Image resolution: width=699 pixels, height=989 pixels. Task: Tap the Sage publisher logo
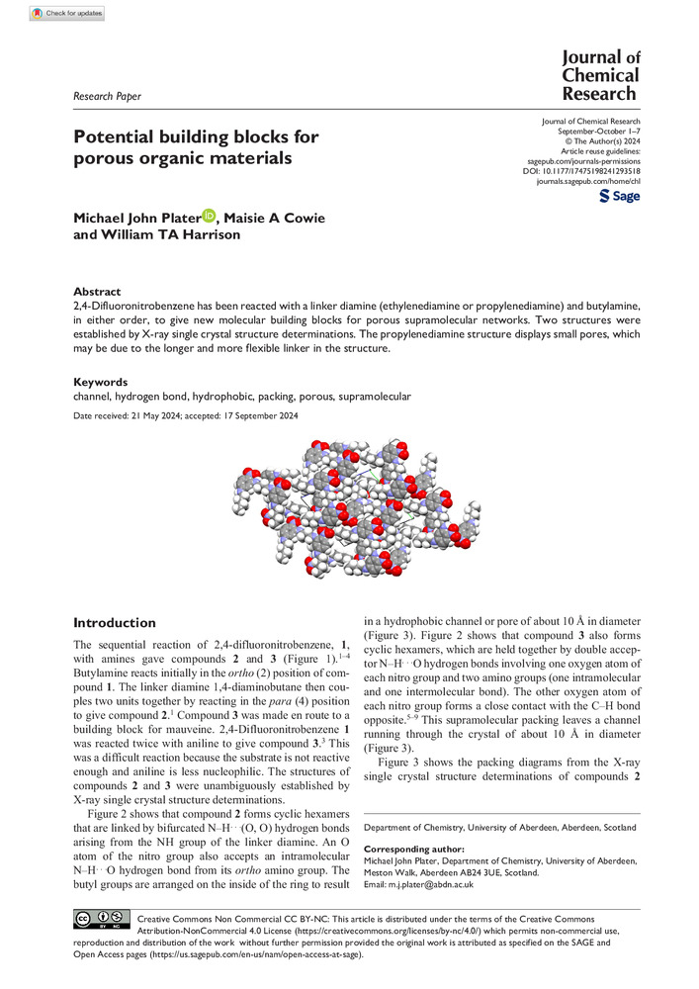(620, 197)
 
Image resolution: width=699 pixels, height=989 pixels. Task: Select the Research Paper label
(108, 96)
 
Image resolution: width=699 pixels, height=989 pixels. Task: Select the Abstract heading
(98, 292)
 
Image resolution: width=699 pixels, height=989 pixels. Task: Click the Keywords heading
(101, 381)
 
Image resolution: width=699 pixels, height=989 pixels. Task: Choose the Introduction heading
(116, 623)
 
